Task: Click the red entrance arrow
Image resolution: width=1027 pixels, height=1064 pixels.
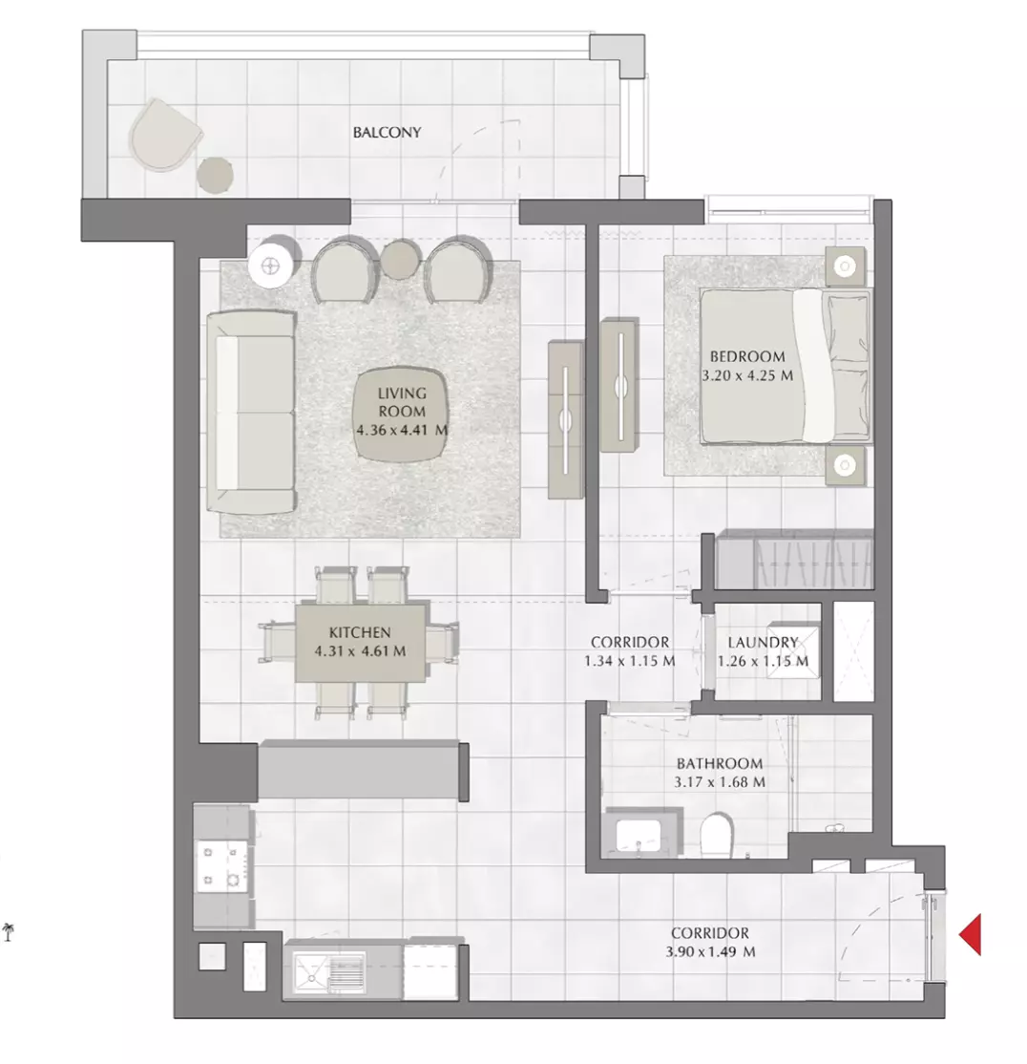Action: [971, 934]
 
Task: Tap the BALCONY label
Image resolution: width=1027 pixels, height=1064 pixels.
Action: [388, 133]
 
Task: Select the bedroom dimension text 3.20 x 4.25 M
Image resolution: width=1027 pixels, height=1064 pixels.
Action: [747, 375]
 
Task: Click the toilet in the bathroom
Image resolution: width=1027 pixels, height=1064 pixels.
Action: [717, 834]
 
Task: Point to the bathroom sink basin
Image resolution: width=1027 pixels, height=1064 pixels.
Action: [639, 834]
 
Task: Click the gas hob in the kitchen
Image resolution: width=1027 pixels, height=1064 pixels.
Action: [221, 866]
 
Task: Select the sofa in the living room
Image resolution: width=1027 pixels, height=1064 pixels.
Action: [251, 412]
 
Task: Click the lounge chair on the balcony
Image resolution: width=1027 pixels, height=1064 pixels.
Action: [165, 135]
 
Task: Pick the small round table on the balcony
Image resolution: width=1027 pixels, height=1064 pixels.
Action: [215, 175]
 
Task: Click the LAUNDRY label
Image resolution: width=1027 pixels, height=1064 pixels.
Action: [763, 642]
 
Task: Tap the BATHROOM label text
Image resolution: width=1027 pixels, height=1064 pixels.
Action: [720, 763]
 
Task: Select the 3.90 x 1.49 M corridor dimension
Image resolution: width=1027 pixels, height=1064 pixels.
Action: [710, 951]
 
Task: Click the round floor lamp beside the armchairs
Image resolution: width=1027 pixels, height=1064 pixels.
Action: [271, 266]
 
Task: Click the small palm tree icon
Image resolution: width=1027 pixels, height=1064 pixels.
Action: [9, 931]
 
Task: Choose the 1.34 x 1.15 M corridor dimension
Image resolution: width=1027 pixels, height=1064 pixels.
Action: [630, 660]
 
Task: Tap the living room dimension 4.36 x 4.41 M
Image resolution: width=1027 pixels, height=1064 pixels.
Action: [402, 430]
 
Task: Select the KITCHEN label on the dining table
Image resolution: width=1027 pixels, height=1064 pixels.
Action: [360, 632]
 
